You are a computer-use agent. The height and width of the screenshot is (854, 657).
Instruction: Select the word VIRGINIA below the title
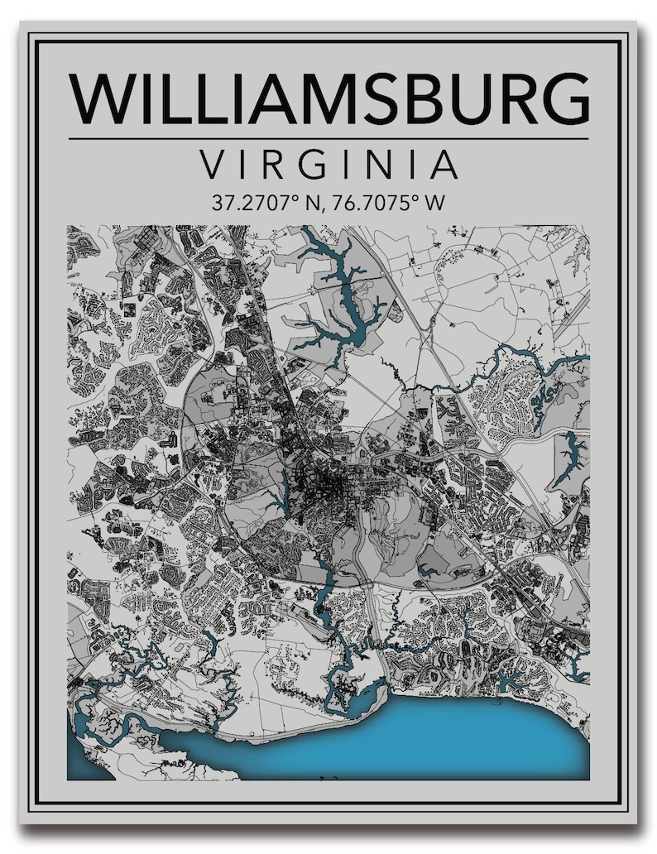[x=328, y=165]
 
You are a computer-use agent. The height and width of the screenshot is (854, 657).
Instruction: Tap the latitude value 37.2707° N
[x=259, y=204]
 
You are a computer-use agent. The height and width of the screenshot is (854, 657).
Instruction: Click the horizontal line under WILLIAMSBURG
[x=328, y=138]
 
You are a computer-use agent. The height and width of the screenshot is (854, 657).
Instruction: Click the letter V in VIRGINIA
[x=213, y=165]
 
